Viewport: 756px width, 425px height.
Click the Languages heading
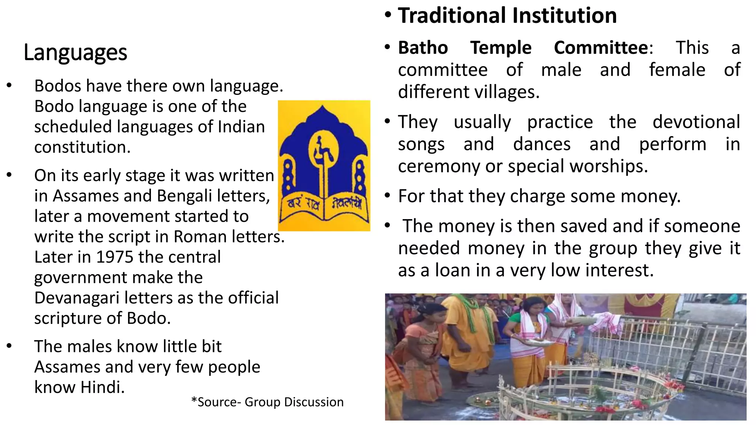point(75,52)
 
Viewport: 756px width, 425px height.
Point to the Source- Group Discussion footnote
point(267,402)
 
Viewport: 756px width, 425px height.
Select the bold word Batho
point(423,48)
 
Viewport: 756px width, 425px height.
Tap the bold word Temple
point(501,48)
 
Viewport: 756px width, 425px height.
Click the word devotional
point(696,122)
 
